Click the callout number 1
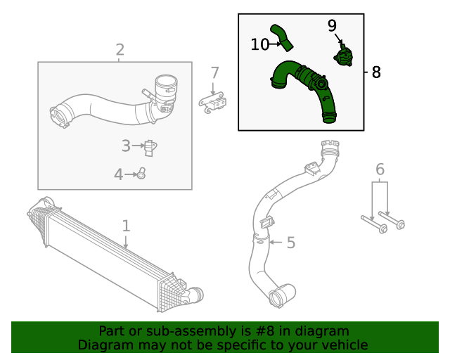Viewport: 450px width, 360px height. (126, 226)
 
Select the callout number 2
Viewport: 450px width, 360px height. (120, 49)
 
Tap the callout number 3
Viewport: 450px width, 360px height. (126, 146)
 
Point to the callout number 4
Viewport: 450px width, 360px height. (119, 174)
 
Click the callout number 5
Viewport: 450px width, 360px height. (290, 243)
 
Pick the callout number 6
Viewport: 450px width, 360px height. (380, 169)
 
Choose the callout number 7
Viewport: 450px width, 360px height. (214, 72)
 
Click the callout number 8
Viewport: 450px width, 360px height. (375, 72)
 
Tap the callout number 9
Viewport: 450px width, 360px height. (332, 26)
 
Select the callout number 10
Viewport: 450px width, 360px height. (259, 44)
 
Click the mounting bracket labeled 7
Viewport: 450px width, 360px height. (214, 103)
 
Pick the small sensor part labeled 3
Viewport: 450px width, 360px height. (149, 147)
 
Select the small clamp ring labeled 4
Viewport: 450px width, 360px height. (141, 173)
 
